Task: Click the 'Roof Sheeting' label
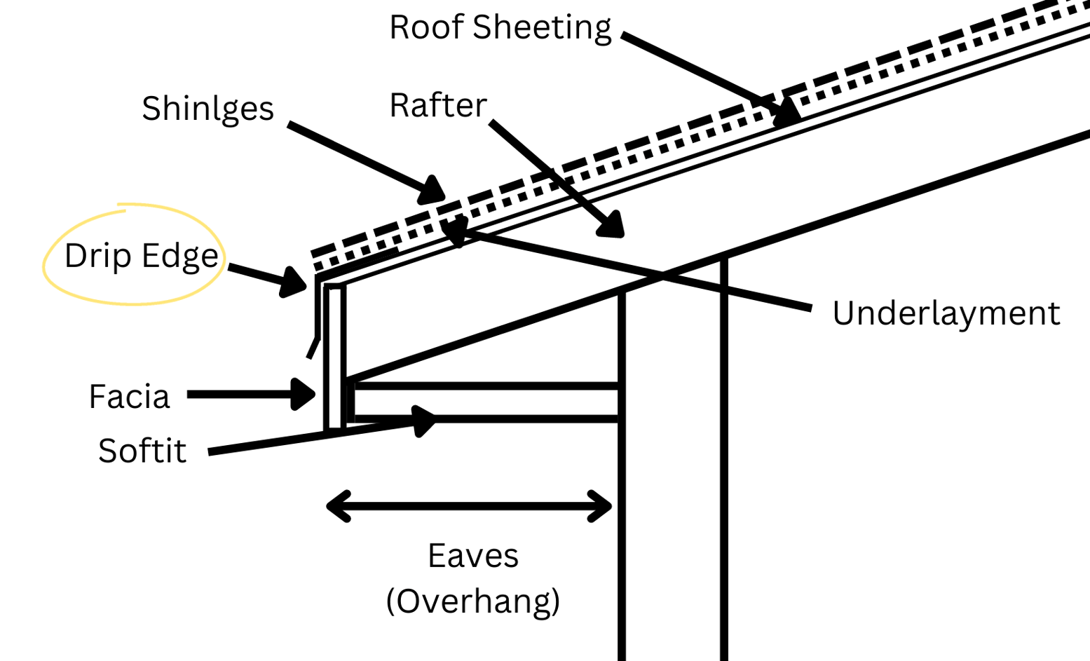coord(500,28)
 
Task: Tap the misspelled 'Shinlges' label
coord(207,109)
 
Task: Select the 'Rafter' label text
coord(437,106)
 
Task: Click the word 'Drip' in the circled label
coord(97,256)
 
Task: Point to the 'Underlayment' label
coord(946,313)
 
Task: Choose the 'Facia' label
coord(129,397)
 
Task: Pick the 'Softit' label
coord(142,451)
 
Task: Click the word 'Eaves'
coord(473,556)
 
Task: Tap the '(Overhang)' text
coord(473,601)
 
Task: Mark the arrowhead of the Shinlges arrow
coord(432,191)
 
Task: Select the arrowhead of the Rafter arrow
coord(611,225)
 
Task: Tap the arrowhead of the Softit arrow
coord(425,421)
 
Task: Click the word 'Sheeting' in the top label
coord(541,28)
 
